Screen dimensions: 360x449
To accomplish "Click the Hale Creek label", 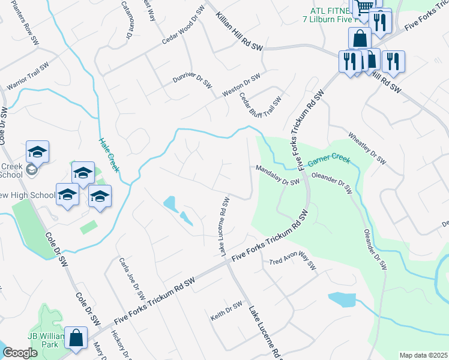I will (109, 155).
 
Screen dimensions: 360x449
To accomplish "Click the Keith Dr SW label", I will (226, 313).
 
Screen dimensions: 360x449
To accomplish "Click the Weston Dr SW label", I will (241, 85).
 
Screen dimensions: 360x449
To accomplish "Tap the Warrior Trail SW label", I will (27, 77).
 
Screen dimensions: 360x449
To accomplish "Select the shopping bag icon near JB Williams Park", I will (77, 338).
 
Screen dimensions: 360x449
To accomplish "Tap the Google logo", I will (20, 353).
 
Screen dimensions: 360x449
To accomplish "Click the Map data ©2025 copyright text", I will (423, 355).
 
